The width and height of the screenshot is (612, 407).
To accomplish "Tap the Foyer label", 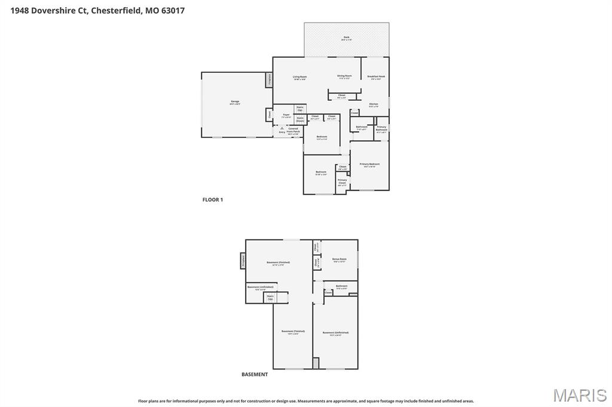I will [286, 115].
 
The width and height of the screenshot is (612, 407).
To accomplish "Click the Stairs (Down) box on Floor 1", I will [300, 119].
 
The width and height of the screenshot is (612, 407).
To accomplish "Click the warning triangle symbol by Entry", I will [281, 128].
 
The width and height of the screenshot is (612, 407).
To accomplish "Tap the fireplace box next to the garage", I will [270, 79].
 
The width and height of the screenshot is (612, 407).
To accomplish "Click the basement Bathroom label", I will [341, 286].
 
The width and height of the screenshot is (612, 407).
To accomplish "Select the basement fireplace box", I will [243, 261].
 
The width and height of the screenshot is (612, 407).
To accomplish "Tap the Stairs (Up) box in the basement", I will [270, 297].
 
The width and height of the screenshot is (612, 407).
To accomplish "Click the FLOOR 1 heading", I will [212, 200].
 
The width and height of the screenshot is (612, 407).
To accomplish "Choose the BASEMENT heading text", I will [255, 375].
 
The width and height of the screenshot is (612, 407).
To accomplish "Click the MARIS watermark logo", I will [580, 395].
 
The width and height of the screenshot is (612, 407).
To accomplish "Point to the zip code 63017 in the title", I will [173, 10].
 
